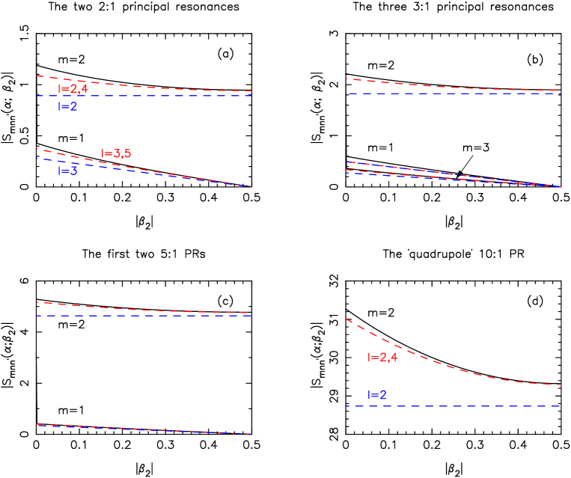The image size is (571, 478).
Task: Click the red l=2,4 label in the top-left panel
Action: (x=73, y=89)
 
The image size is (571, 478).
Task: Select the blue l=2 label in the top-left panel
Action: (x=67, y=107)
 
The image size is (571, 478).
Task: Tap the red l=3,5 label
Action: (x=116, y=154)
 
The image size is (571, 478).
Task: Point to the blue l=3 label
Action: (x=67, y=171)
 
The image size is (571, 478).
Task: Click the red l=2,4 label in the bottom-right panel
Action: (x=382, y=358)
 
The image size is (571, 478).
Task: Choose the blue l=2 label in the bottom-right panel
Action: (x=376, y=395)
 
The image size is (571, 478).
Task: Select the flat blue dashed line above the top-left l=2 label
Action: (x=142, y=96)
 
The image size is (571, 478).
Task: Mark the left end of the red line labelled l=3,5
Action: (x=37, y=149)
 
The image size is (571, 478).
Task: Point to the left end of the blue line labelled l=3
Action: (x=37, y=158)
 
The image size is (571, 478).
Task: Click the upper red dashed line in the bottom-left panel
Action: (x=142, y=308)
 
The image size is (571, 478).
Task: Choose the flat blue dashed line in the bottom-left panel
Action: (x=142, y=316)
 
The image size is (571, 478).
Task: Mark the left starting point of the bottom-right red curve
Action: (x=346, y=319)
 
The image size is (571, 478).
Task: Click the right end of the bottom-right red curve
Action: (x=561, y=384)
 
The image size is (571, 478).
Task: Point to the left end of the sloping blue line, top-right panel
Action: (x=346, y=162)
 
